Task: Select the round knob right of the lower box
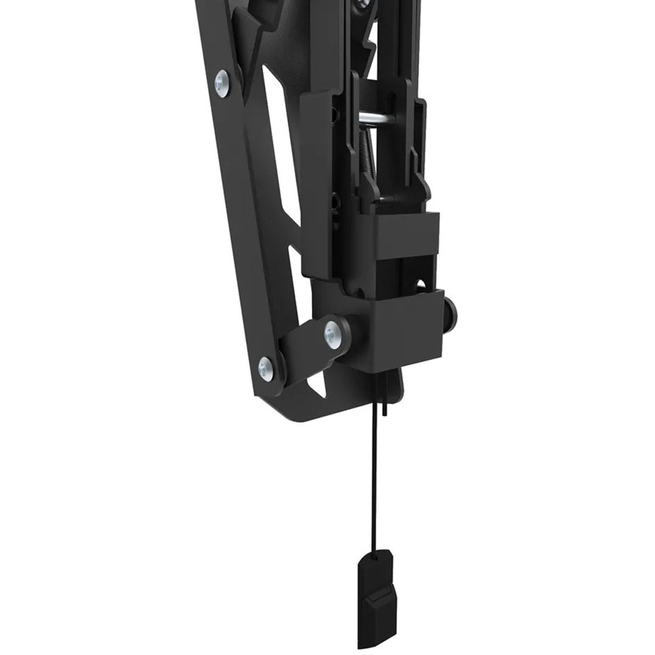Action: click(452, 312)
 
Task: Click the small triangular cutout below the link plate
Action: click(319, 389)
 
